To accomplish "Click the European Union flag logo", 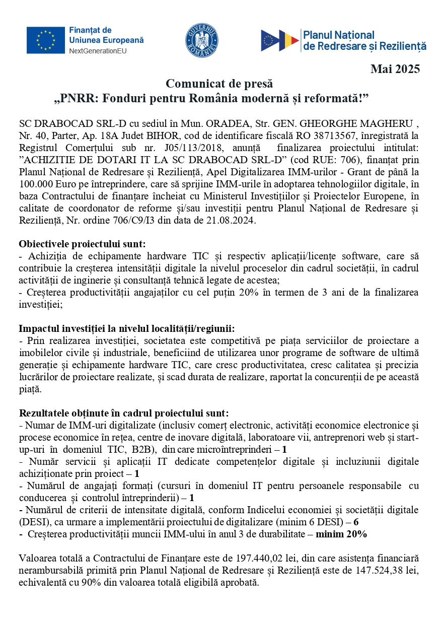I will [45, 40].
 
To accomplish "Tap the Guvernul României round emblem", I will [202, 40].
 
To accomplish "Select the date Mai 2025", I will [395, 69].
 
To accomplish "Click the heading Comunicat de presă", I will [219, 83].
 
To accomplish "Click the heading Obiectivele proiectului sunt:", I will [82, 244].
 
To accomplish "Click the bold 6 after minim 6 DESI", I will [356, 522].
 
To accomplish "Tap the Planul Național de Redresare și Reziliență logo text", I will [363, 41].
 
